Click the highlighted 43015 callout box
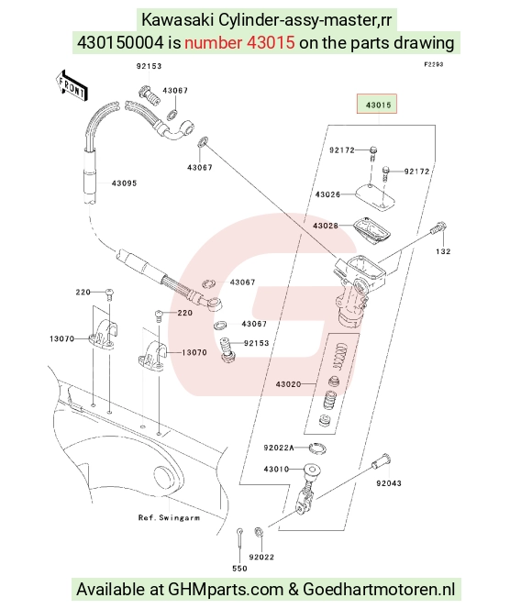pos(377,104)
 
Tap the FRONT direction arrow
pos(72,86)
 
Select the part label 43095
pos(124,183)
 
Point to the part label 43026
pos(327,194)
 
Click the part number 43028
pos(326,226)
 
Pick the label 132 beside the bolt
pos(443,251)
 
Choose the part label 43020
pos(289,384)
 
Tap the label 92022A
pos(279,448)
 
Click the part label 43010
pos(276,470)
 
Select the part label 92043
pos(389,483)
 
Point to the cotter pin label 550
pos(239,569)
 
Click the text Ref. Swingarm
pos(169,517)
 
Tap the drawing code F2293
pos(433,64)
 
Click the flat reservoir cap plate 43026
pos(375,196)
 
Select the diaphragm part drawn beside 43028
pos(371,231)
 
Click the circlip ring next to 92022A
pos(317,448)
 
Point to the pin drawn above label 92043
pos(381,461)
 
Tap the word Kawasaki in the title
pos(177,19)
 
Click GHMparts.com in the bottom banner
pos(226,589)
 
